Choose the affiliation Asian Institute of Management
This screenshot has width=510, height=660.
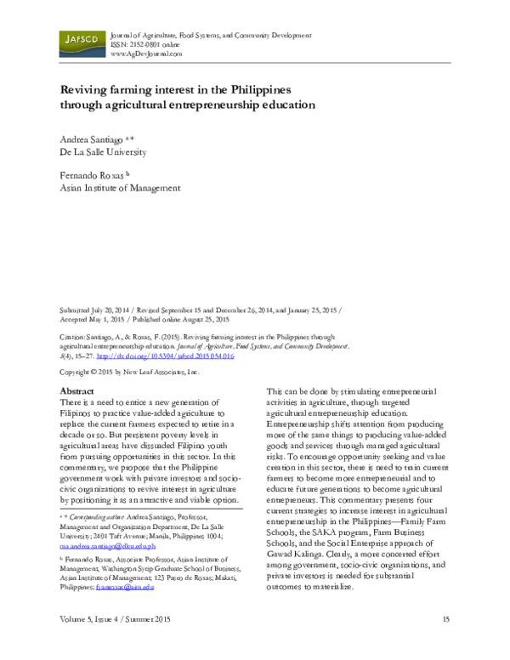(119, 189)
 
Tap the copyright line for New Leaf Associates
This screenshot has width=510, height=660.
(128, 373)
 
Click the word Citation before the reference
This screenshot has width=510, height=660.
(73, 338)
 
